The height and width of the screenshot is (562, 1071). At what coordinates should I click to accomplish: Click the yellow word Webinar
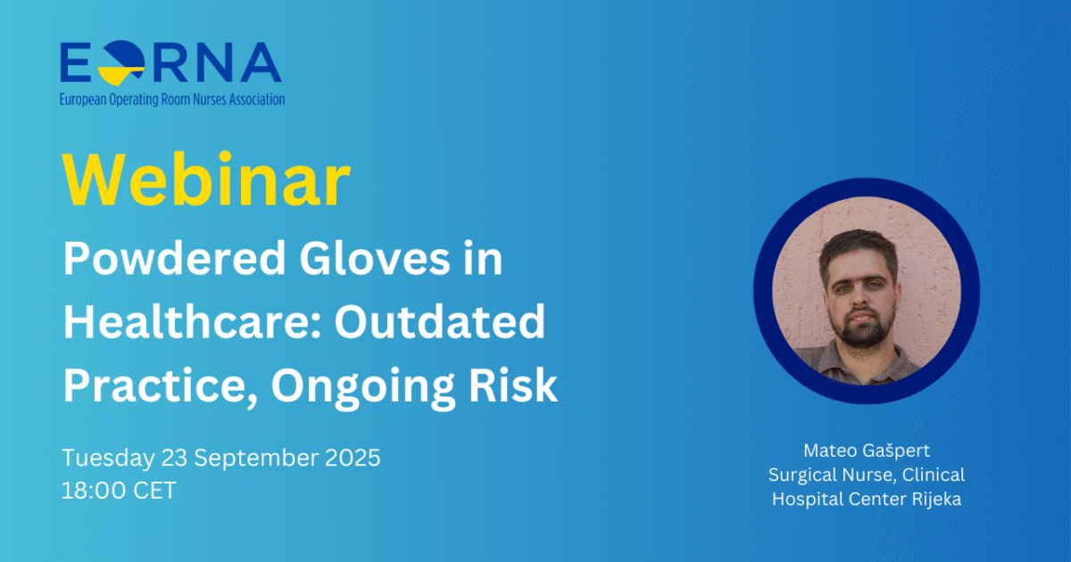(x=206, y=179)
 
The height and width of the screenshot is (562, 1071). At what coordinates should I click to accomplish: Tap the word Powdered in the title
(x=175, y=259)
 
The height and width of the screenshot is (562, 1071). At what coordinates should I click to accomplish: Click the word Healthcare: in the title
(x=192, y=322)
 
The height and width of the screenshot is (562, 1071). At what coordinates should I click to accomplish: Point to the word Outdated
(x=440, y=322)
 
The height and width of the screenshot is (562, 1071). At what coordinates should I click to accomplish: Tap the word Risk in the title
(x=513, y=385)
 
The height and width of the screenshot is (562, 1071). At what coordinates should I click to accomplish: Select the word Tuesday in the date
(x=109, y=459)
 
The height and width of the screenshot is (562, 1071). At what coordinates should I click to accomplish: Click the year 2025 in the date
(x=353, y=458)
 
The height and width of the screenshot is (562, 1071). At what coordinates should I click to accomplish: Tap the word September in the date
(x=256, y=459)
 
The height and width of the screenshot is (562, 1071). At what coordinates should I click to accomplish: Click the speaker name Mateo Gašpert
(x=867, y=451)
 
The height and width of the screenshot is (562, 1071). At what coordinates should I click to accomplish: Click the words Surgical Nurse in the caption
(x=832, y=475)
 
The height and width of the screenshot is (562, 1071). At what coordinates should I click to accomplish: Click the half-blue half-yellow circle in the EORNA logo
(x=122, y=62)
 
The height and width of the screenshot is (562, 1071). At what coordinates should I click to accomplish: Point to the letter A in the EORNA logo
(x=261, y=62)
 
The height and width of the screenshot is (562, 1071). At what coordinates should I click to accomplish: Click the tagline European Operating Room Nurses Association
(x=172, y=99)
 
